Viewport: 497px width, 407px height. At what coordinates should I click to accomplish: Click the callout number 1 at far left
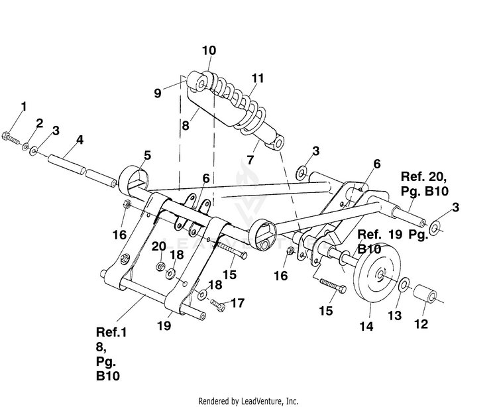24,107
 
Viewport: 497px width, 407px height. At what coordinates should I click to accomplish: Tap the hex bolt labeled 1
10,137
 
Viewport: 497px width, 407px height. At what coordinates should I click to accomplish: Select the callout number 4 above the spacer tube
80,140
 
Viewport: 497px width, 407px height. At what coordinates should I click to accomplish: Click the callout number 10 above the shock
209,50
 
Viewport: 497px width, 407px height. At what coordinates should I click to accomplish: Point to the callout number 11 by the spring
258,78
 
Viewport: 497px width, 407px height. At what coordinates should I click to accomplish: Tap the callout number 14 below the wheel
366,326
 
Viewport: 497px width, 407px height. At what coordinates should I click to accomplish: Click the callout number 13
395,316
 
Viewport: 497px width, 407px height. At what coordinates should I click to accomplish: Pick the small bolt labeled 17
217,305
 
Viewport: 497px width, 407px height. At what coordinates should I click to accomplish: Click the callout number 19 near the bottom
164,325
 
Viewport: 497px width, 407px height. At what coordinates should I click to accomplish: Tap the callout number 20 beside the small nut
158,247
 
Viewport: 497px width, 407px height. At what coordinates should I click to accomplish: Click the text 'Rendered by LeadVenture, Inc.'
248,401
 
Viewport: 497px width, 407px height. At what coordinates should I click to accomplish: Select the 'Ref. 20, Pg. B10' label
424,184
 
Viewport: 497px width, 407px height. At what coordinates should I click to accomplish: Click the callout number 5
147,155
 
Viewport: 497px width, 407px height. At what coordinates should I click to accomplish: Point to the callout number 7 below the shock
250,160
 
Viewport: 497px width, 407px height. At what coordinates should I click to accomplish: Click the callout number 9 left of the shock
158,93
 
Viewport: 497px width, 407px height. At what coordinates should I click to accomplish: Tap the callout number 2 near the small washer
39,123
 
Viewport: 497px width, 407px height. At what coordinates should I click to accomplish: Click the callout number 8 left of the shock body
186,125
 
